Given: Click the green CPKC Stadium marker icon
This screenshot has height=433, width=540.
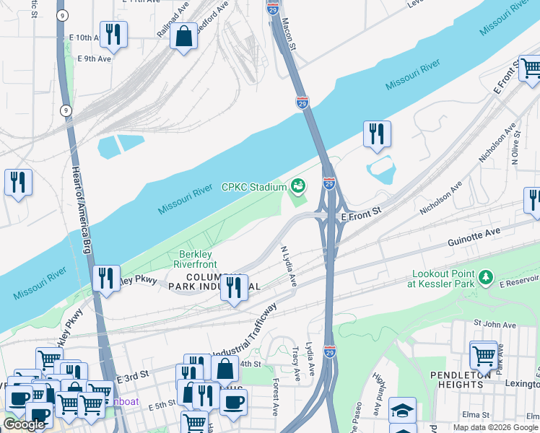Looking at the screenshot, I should pyautogui.click(x=297, y=187).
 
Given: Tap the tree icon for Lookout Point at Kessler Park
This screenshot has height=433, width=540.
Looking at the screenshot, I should pyautogui.click(x=487, y=276).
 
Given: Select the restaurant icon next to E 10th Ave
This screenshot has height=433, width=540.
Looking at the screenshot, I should pyautogui.click(x=113, y=33).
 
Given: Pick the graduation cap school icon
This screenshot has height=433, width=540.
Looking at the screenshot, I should pyautogui.click(x=402, y=410).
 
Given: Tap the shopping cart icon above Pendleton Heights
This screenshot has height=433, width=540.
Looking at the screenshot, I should pyautogui.click(x=483, y=354).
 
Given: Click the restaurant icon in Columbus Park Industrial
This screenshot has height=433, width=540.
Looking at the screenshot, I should pyautogui.click(x=234, y=288).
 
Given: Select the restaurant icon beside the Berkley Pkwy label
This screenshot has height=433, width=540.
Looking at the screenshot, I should pyautogui.click(x=106, y=279).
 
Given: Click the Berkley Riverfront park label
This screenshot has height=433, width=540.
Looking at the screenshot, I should pyautogui.click(x=195, y=259).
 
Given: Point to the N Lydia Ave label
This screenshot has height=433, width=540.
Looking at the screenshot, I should pyautogui.click(x=289, y=266).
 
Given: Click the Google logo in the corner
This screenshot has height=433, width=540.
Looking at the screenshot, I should pyautogui.click(x=24, y=424).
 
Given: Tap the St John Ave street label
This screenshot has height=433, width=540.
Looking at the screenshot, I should pyautogui.click(x=488, y=326).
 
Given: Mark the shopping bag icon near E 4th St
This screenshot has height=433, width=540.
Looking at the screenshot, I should pyautogui.click(x=225, y=369).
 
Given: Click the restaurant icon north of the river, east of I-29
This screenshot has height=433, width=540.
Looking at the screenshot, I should pyautogui.click(x=377, y=134).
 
